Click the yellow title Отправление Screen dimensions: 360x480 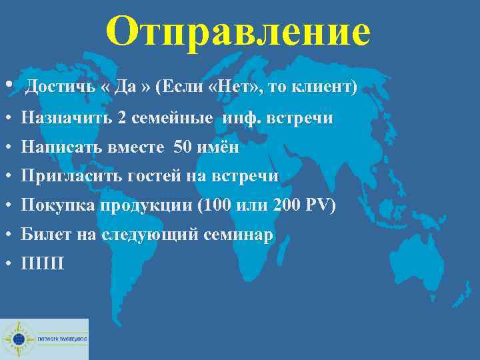(x=238, y=31)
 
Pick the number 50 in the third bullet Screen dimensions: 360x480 (x=182, y=147)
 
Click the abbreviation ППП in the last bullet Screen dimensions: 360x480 (x=43, y=263)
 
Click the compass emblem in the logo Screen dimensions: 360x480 (x=19, y=339)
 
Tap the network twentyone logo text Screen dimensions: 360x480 (x=61, y=339)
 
